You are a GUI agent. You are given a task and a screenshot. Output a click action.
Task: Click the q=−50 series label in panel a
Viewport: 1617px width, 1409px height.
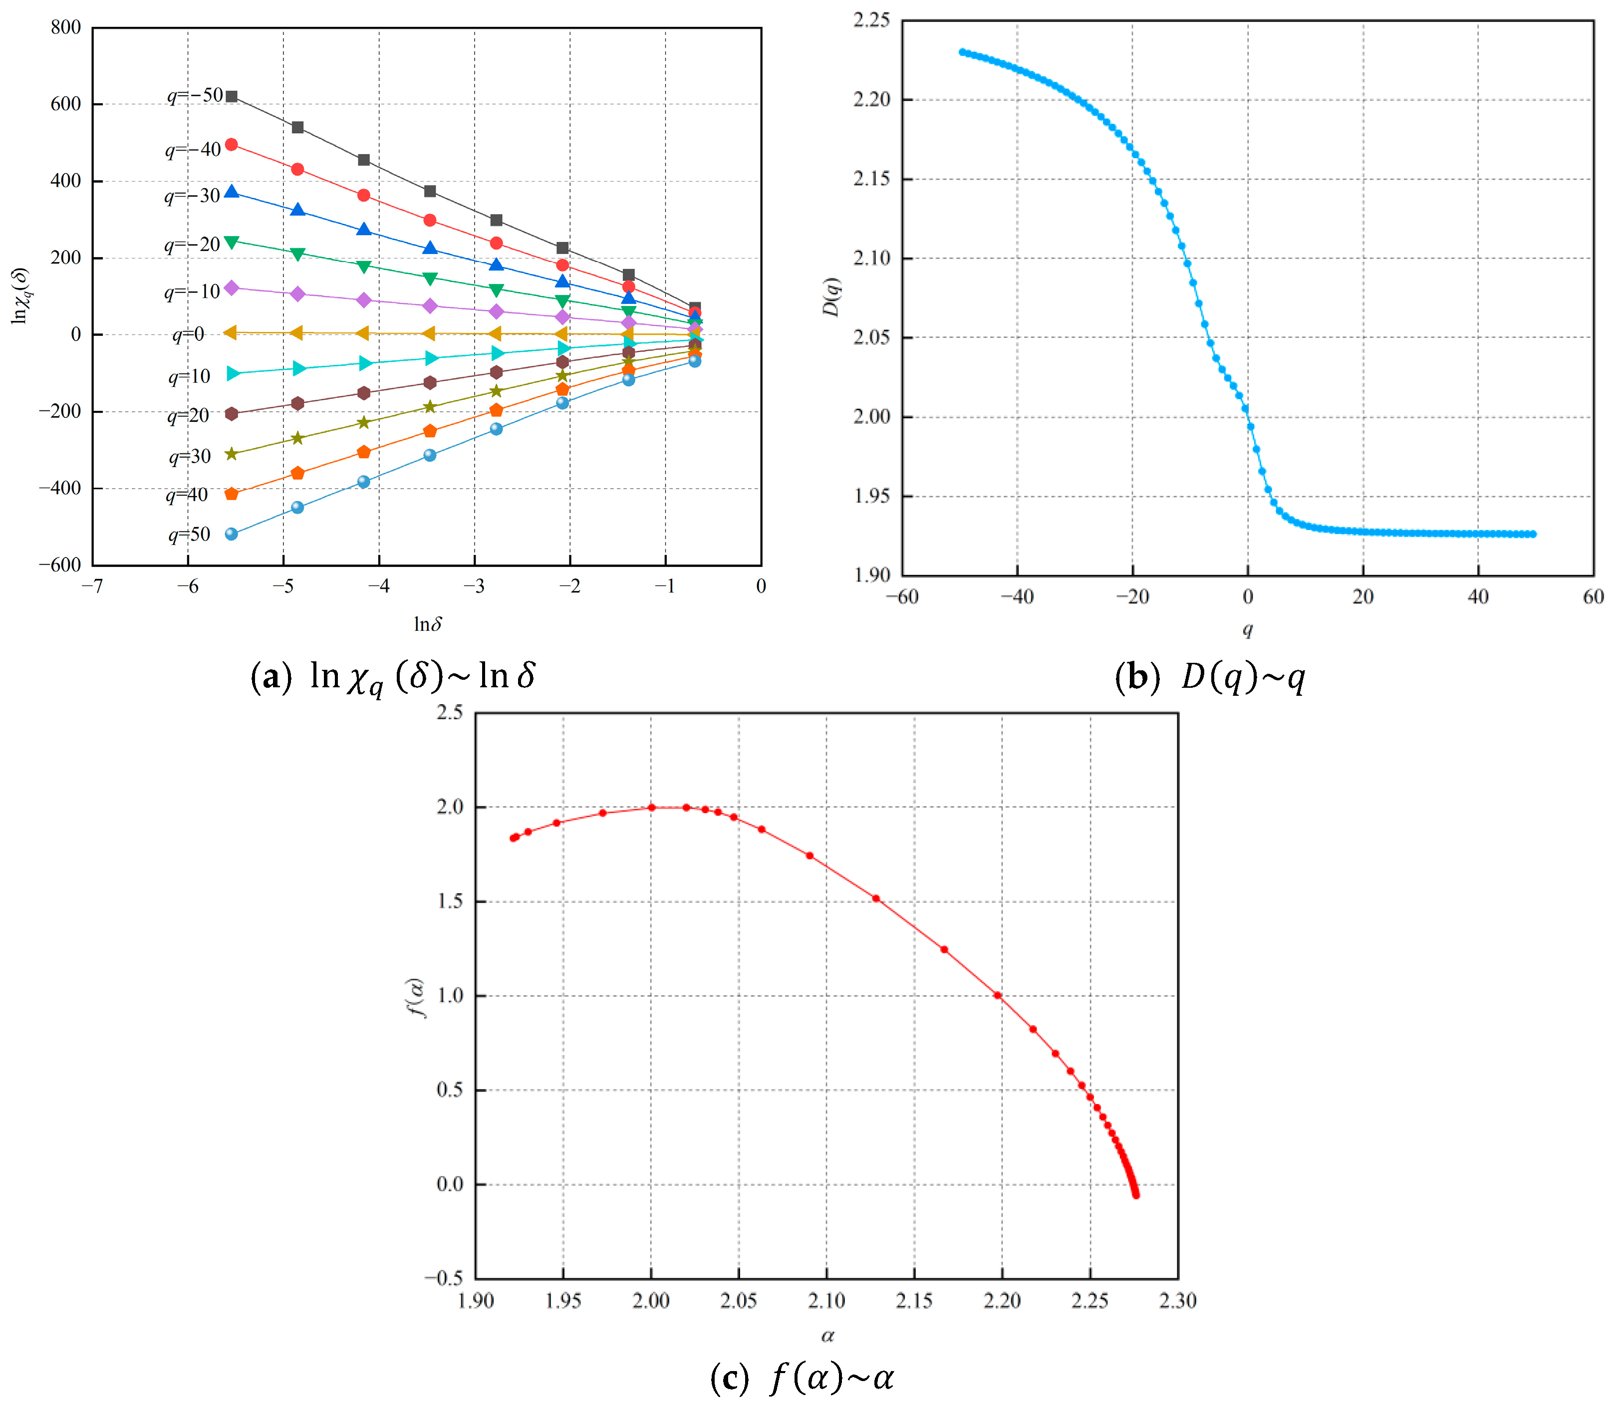click(195, 96)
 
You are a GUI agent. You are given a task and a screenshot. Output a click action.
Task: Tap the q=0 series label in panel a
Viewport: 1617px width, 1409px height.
click(189, 335)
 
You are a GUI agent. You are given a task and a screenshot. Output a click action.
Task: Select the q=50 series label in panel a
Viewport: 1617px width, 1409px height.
click(190, 535)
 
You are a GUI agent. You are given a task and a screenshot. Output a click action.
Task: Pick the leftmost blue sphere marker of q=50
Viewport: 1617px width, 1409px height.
click(231, 534)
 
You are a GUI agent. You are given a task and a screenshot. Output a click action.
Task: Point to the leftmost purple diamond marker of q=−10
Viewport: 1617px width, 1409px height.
click(231, 288)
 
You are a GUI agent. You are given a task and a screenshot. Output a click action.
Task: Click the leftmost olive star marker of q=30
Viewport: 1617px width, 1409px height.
click(231, 454)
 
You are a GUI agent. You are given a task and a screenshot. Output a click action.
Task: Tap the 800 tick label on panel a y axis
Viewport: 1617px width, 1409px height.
click(66, 27)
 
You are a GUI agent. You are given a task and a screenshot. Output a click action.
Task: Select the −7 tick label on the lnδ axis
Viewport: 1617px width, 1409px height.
click(92, 586)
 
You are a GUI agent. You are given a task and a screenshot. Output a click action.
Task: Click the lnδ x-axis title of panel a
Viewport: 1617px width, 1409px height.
click(428, 624)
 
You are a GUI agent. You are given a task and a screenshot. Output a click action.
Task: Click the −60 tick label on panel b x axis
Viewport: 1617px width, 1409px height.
click(902, 597)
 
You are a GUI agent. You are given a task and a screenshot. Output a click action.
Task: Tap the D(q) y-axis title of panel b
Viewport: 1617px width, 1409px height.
click(831, 297)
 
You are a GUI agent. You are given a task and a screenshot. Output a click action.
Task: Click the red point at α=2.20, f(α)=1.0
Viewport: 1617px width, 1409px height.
click(998, 995)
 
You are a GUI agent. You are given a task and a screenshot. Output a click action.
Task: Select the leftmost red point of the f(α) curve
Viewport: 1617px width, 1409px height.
click(514, 838)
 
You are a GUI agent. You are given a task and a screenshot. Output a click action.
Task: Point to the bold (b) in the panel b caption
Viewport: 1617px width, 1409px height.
click(1137, 677)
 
